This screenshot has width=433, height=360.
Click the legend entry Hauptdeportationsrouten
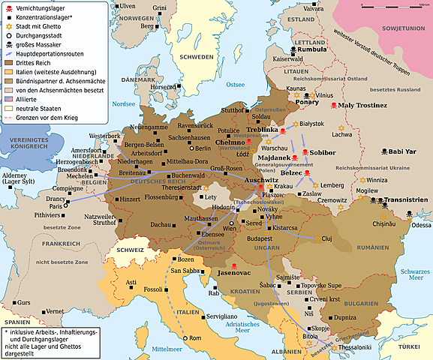[52, 52]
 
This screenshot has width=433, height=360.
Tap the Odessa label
[421, 224]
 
